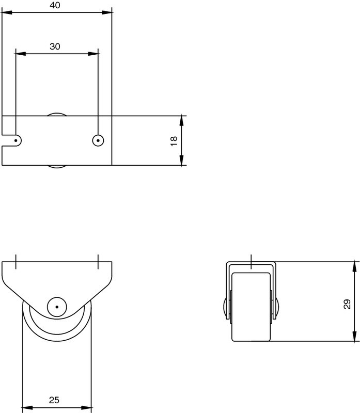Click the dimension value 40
click(55, 5)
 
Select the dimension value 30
click(55, 46)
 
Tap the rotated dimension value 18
click(174, 140)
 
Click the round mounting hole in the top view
click(98, 140)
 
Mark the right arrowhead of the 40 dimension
click(108, 12)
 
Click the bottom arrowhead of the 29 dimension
click(355, 338)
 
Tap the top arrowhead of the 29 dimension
click(355, 265)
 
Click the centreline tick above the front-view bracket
click(251, 261)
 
